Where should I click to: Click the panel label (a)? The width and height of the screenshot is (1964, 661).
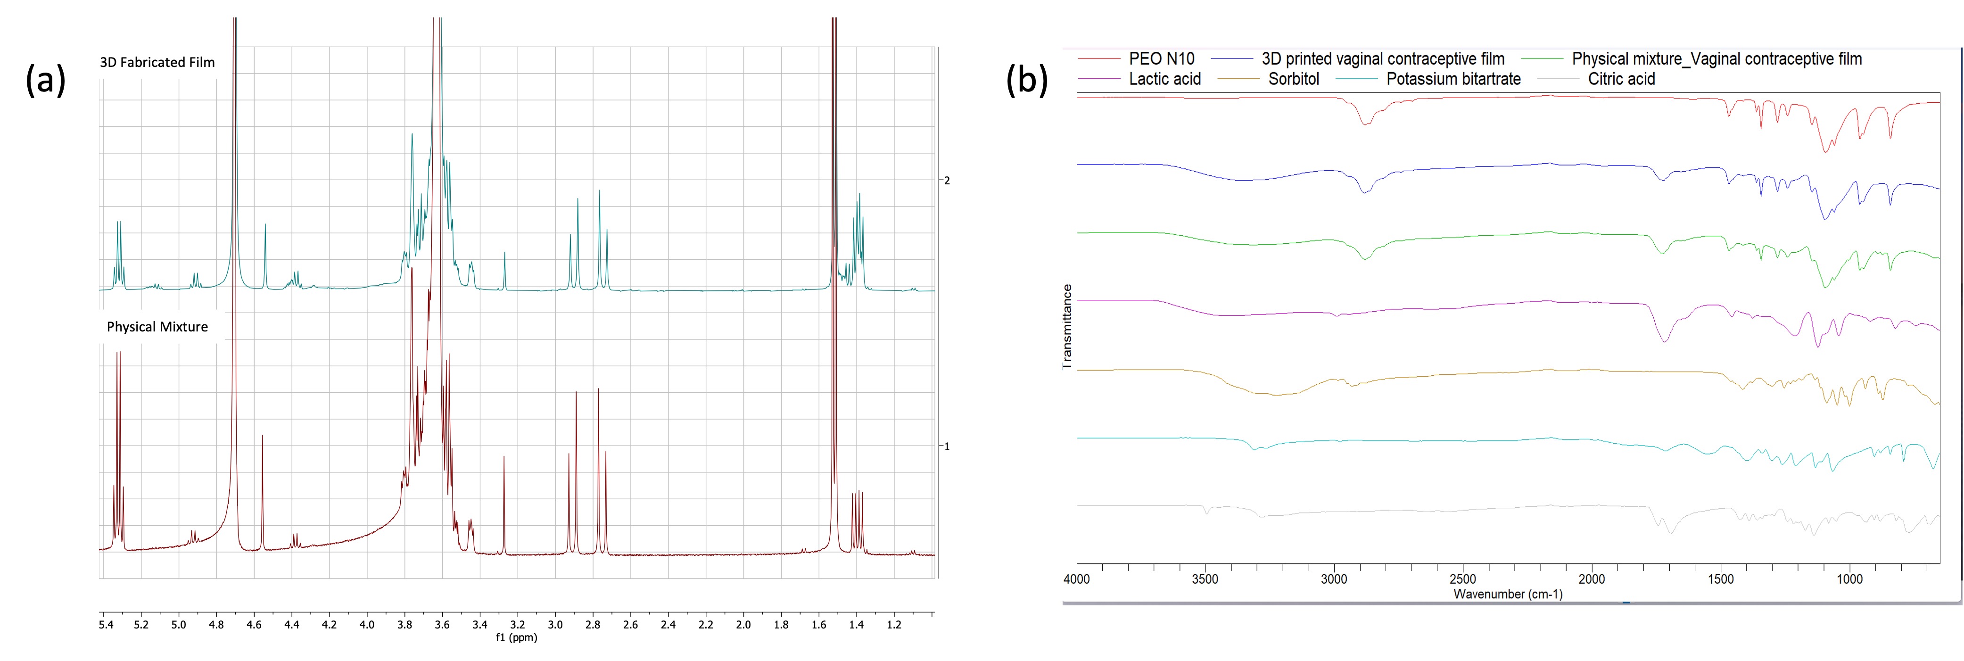[x=46, y=79]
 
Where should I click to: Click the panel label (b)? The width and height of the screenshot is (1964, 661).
[x=1026, y=79]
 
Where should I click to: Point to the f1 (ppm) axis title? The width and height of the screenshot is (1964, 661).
[x=516, y=637]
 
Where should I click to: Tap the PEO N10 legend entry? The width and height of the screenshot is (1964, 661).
[x=1161, y=59]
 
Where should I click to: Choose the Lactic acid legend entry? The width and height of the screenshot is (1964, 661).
[x=1164, y=79]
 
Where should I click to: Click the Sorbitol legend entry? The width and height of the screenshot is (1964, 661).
[x=1293, y=79]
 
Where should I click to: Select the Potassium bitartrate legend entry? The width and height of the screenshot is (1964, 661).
[x=1453, y=79]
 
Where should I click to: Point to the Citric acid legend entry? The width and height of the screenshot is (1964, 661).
[x=1621, y=79]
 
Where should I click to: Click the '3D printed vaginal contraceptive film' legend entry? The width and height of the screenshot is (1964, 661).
[x=1382, y=59]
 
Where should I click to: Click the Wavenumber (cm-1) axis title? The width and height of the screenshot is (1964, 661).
[x=1507, y=594]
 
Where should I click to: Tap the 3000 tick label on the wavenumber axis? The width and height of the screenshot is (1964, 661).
[x=1334, y=578]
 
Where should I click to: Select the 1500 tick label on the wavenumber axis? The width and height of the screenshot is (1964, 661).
[x=1721, y=578]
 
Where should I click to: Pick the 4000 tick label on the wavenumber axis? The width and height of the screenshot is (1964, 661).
[x=1077, y=578]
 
